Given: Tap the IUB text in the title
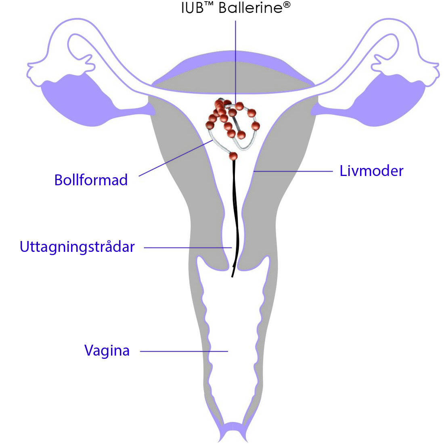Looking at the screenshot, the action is tap(192, 8).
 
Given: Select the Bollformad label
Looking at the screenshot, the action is tap(91, 180).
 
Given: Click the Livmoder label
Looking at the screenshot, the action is tap(371, 171).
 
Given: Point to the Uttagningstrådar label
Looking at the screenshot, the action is tap(77, 247).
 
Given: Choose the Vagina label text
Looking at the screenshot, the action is tap(107, 350).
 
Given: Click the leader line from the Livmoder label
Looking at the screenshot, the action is tap(293, 171).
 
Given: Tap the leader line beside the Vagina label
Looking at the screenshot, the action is tap(184, 352).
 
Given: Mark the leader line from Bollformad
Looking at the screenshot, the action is tap(176, 158).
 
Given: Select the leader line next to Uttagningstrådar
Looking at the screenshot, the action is tap(188, 248).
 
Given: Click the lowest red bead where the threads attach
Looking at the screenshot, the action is tap(233, 156).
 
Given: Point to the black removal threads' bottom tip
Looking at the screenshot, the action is tap(232, 276).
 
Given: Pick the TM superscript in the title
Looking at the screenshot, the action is tap(209, 4).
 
